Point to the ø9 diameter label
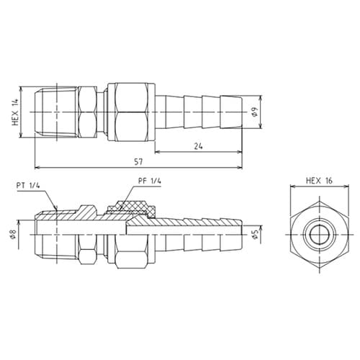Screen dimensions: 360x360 (254, 112)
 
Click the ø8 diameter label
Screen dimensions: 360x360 (14, 234)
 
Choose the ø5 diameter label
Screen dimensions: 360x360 (254, 234)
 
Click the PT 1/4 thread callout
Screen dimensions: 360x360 (29, 186)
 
